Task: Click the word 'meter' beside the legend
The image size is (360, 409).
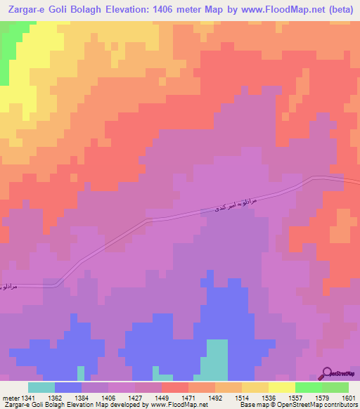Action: pos(11,397)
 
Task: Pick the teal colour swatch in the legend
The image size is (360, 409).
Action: pos(41,387)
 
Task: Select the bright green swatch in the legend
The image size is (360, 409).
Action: pos(308,387)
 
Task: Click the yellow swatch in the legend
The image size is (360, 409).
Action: pos(281,387)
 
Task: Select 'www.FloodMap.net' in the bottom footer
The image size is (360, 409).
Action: pos(173,405)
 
